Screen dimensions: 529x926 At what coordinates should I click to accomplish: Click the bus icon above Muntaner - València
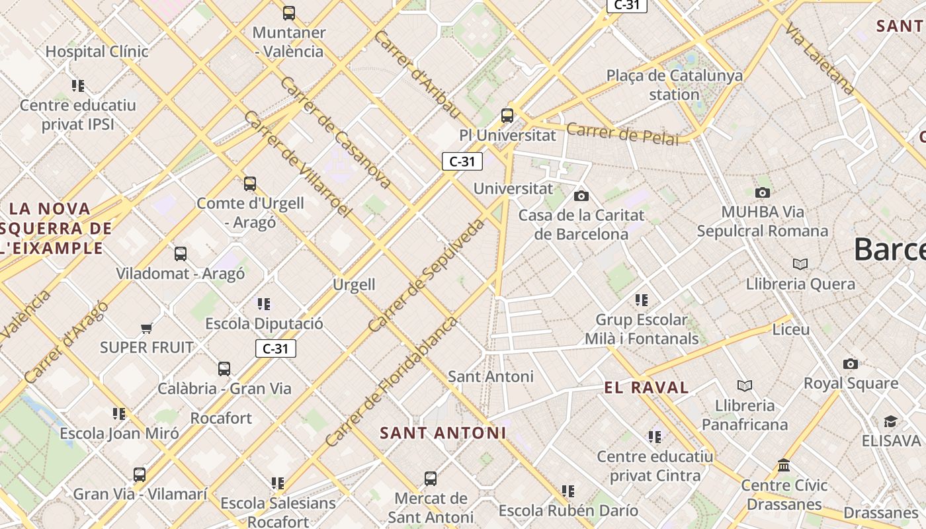pyautogui.click(x=289, y=13)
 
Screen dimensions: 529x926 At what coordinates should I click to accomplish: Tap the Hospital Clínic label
pyautogui.click(x=97, y=51)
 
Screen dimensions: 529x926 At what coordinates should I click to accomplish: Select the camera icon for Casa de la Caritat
pyautogui.click(x=581, y=196)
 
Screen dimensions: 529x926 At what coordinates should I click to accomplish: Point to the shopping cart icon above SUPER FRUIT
pyautogui.click(x=147, y=328)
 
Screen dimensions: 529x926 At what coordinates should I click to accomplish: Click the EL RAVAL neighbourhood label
pyautogui.click(x=646, y=387)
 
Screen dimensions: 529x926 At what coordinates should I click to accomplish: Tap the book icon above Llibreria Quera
pyautogui.click(x=800, y=264)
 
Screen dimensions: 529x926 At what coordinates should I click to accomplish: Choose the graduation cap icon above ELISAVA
pyautogui.click(x=890, y=422)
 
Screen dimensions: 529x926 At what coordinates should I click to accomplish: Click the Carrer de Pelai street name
pyautogui.click(x=622, y=134)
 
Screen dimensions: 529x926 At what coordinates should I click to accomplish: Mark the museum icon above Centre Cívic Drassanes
pyautogui.click(x=784, y=466)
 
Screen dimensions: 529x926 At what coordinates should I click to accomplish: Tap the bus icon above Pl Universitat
pyautogui.click(x=507, y=116)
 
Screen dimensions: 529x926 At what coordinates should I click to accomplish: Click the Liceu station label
pyautogui.click(x=790, y=329)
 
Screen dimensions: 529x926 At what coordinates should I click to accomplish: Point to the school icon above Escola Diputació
pyautogui.click(x=264, y=304)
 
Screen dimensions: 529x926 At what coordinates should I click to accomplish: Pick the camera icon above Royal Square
pyautogui.click(x=851, y=364)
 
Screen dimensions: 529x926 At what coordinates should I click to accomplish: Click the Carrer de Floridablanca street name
pyautogui.click(x=391, y=381)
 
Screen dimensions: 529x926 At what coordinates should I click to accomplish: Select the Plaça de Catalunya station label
pyautogui.click(x=674, y=85)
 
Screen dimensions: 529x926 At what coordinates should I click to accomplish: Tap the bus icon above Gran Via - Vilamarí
pyautogui.click(x=140, y=474)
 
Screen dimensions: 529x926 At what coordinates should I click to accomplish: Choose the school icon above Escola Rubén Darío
pyautogui.click(x=568, y=491)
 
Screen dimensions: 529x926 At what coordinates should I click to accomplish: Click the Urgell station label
pyautogui.click(x=354, y=285)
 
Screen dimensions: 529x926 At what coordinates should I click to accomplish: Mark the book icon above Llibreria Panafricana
pyautogui.click(x=745, y=386)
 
